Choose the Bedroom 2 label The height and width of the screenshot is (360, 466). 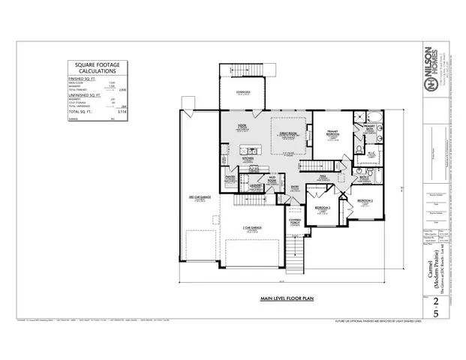365,202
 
